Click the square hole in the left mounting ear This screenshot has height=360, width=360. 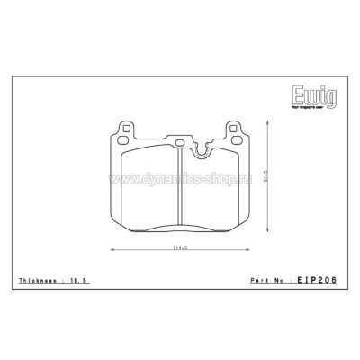click(120, 127)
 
